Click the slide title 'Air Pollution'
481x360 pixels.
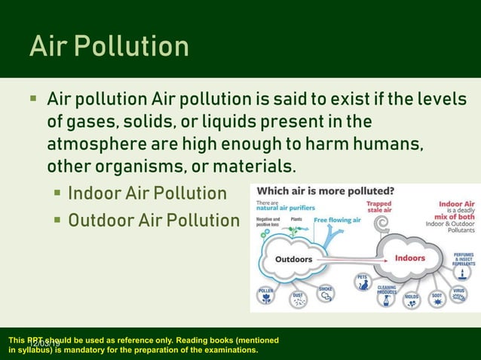click(x=109, y=46)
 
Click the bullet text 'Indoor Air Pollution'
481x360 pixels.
click(x=147, y=194)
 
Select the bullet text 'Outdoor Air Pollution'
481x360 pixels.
click(x=153, y=221)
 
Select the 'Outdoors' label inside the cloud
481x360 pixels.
click(x=293, y=259)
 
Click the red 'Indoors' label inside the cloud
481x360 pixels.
click(x=409, y=258)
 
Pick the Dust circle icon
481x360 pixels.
click(x=299, y=300)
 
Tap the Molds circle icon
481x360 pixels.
click(x=412, y=298)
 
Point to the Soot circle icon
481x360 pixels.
click(x=437, y=299)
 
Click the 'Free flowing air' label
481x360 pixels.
click(x=337, y=220)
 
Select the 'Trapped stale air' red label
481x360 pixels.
click(x=378, y=206)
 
